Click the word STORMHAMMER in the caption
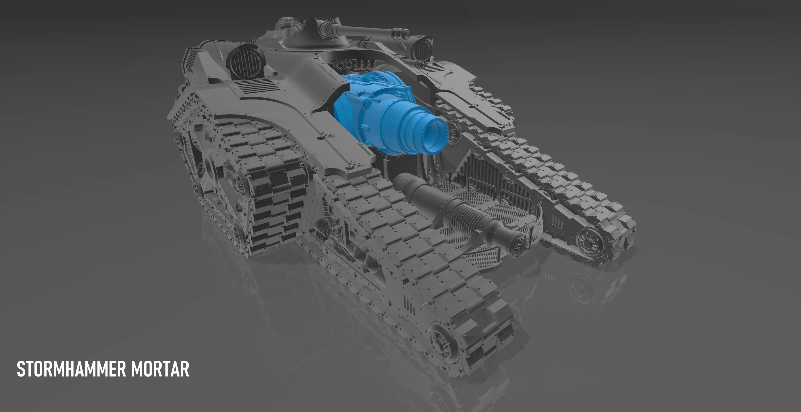[x=71, y=369]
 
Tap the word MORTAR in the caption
[x=160, y=369]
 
